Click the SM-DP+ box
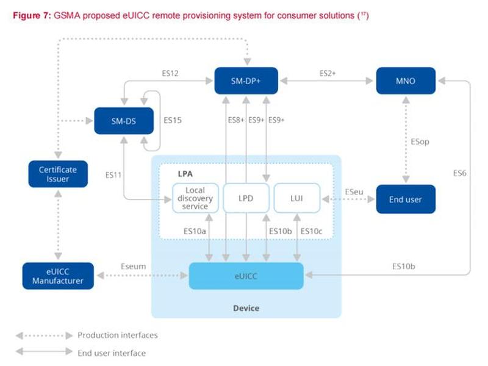[246, 81]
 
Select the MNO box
[406, 81]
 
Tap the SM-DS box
[124, 121]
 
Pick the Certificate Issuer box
[58, 174]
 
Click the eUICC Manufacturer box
[58, 276]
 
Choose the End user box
[406, 199]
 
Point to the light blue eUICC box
[246, 276]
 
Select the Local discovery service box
[195, 198]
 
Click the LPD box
[246, 198]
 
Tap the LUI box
[296, 198]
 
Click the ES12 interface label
[170, 73]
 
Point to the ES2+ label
[328, 73]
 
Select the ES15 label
[173, 120]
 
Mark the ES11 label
[113, 175]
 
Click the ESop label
[420, 142]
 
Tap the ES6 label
[460, 173]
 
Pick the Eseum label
[133, 267]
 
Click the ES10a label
[195, 231]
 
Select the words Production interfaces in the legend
[118, 335]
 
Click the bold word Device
[246, 308]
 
